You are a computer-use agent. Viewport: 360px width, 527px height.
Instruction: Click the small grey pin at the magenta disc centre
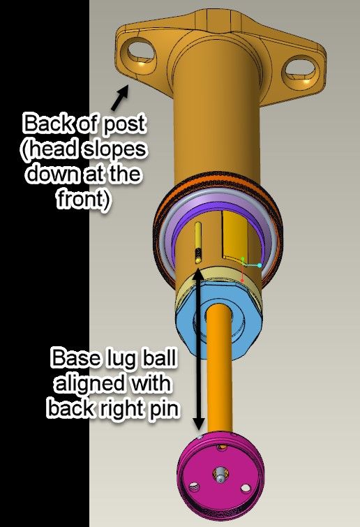[220, 474]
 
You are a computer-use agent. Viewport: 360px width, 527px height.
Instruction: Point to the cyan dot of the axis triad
[260, 265]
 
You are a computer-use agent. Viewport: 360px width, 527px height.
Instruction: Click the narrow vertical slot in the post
[198, 242]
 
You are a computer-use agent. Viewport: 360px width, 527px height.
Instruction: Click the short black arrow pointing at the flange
[120, 98]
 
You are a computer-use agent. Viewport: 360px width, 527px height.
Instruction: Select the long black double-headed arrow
[199, 349]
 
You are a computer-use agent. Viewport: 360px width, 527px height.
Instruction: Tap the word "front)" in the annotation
[83, 200]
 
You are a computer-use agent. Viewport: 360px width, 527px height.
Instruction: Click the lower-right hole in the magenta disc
[246, 488]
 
